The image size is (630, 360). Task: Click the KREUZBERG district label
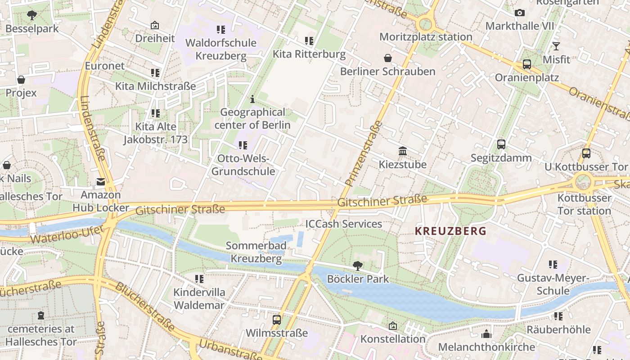point(450,231)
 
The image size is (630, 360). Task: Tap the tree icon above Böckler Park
point(358,265)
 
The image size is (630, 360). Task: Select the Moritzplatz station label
point(426,37)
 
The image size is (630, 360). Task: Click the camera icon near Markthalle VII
point(519,13)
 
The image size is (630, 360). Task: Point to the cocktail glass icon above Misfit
point(556,46)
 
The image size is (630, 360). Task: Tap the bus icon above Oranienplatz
point(527,64)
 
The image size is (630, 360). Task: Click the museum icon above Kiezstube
point(403,151)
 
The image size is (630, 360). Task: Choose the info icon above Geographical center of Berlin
point(252,99)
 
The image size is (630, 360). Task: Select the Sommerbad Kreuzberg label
point(256,252)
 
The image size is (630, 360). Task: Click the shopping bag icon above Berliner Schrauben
point(388,58)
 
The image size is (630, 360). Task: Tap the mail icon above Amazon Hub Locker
point(101,182)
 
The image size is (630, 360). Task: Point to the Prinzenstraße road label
point(364,153)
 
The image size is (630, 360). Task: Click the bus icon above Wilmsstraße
point(277,320)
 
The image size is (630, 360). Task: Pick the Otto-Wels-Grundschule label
point(243,165)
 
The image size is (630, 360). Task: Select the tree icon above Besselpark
point(32,16)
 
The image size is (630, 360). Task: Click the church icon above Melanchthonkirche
point(486,334)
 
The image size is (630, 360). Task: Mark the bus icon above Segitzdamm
point(501,144)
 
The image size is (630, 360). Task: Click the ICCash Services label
point(343,224)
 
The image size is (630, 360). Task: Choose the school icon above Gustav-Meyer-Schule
point(553,265)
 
